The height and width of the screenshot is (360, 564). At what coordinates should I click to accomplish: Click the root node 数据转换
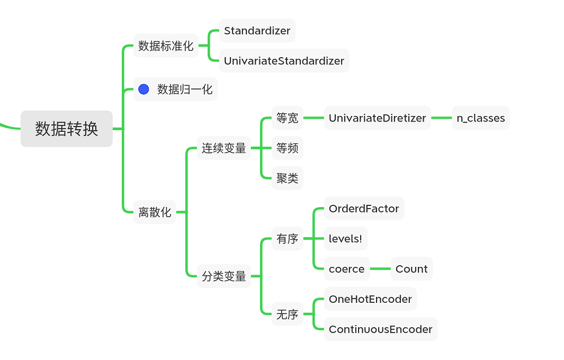[x=66, y=129]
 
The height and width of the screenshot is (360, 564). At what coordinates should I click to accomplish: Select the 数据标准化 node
[x=166, y=46]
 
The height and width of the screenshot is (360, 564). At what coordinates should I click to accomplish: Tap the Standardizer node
[x=257, y=30]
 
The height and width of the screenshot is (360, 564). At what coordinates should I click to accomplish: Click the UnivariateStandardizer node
[x=283, y=60]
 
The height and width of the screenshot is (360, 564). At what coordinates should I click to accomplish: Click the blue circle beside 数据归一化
[x=144, y=89]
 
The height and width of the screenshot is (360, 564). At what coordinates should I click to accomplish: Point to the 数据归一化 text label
[x=185, y=89]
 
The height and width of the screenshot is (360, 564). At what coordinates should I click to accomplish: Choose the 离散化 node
[x=155, y=212]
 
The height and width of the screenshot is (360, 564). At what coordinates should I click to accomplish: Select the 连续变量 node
[x=223, y=148]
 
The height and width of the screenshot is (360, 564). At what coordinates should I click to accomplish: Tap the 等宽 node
[x=287, y=118]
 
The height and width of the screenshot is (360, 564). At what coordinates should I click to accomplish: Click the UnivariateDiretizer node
[x=377, y=118]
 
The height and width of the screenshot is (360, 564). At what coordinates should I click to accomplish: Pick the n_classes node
[x=480, y=118]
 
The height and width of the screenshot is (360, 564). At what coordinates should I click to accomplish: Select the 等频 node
[x=287, y=148]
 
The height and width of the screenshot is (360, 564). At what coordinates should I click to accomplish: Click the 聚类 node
[x=287, y=178]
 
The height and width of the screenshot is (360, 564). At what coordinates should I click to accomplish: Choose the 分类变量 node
[x=223, y=276]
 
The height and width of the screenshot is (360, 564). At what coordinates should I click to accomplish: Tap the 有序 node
[x=287, y=239]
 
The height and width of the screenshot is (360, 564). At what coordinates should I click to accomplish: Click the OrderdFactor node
[x=363, y=209]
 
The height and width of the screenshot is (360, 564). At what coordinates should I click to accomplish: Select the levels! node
[x=345, y=239]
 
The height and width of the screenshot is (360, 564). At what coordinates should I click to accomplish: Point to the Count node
[x=411, y=269]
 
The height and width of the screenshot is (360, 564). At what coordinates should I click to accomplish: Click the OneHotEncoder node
[x=370, y=299]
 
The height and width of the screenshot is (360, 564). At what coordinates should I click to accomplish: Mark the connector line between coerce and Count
[x=380, y=269]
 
